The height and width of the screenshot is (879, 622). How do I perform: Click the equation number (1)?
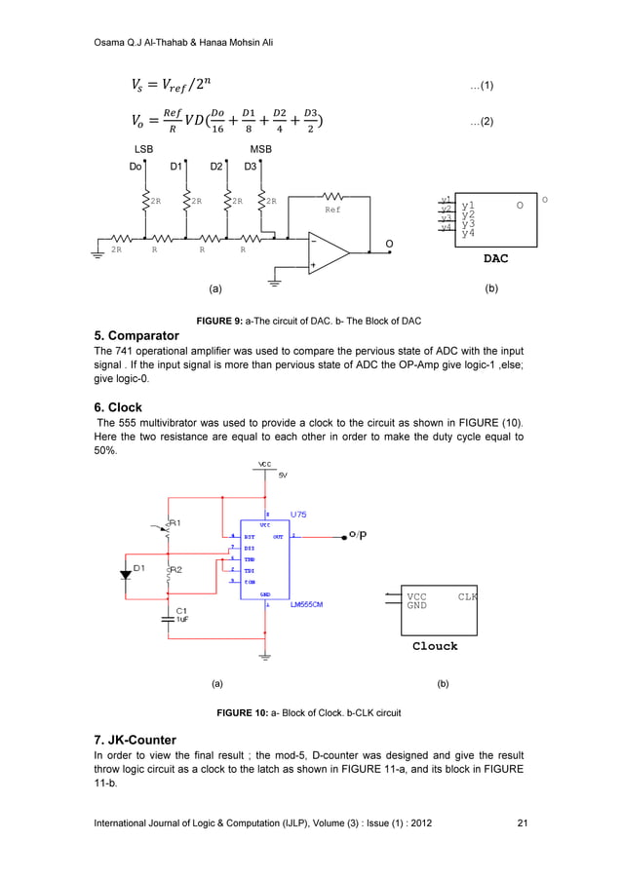point(482,86)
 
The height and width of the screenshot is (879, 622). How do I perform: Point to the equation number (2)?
point(482,122)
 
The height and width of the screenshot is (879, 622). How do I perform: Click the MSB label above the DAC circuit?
point(260,149)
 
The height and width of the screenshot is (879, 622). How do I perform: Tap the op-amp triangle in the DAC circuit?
point(328,250)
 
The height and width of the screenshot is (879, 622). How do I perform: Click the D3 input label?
point(251,167)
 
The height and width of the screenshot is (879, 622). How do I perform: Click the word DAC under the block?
point(496,260)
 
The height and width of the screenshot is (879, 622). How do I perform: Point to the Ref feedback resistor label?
point(332,210)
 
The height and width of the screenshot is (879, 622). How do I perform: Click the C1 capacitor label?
point(181,610)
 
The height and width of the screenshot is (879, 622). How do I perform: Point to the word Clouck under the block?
point(435,645)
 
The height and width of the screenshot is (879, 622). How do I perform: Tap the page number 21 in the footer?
point(522,823)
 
